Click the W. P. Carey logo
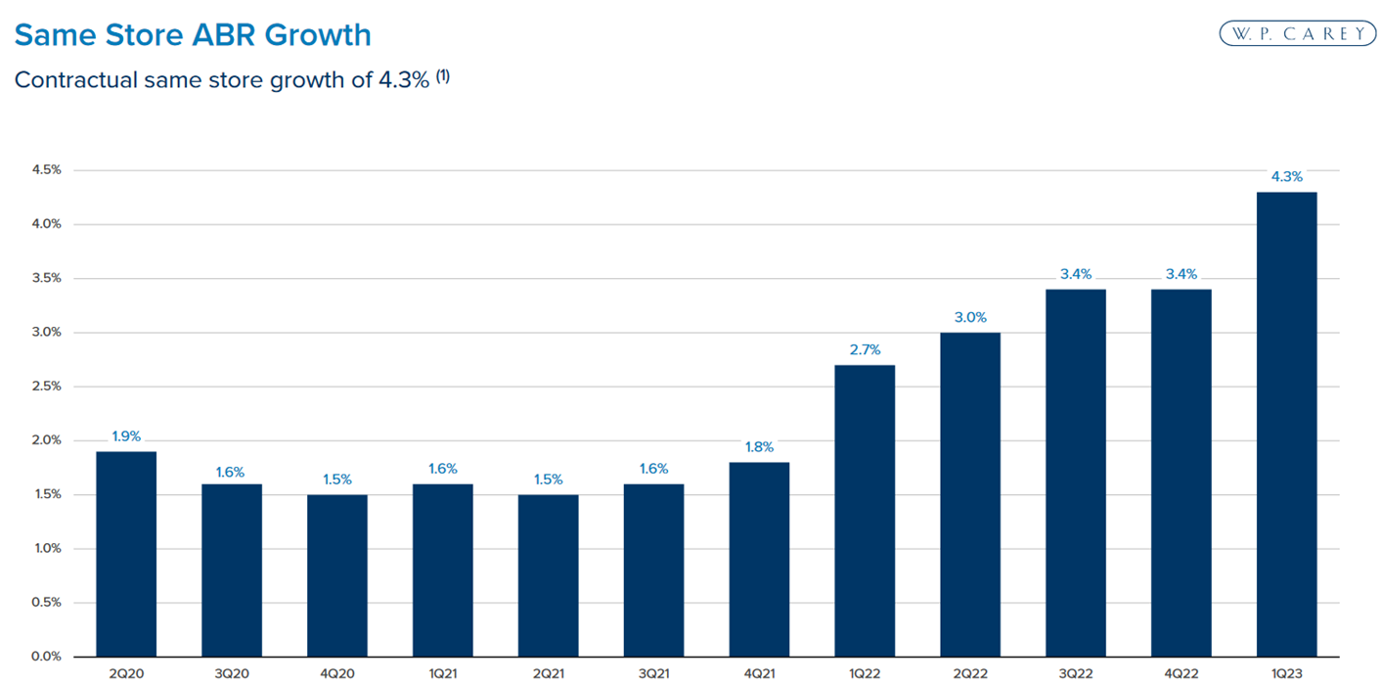coord(1297,33)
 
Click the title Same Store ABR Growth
coord(193,35)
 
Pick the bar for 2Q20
coord(126,553)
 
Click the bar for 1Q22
coord(865,510)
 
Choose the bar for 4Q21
coord(759,559)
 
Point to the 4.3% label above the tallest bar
coord(1286,177)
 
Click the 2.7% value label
coord(865,349)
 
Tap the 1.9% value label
coord(126,436)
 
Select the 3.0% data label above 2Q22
coord(970,317)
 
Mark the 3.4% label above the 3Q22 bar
coord(1076,274)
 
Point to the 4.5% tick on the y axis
coord(45,170)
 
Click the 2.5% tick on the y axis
coord(45,387)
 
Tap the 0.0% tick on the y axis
coord(45,657)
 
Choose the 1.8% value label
coord(759,447)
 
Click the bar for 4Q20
coord(337,574)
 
